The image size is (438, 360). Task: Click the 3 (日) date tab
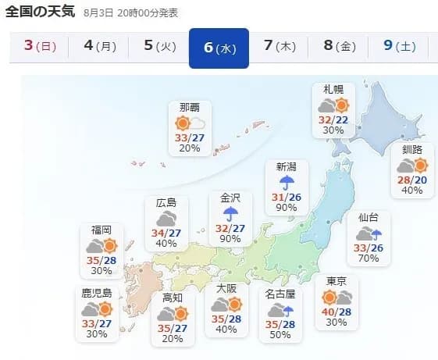(x=40, y=47)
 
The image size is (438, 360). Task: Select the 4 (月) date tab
(x=99, y=47)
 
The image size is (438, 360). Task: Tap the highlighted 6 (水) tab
(x=219, y=48)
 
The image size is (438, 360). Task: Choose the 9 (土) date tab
(x=399, y=47)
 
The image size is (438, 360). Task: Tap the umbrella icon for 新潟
(x=287, y=182)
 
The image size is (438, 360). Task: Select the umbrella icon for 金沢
(x=231, y=214)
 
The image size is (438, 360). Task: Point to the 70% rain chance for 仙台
(x=369, y=258)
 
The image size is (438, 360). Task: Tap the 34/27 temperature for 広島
(x=166, y=232)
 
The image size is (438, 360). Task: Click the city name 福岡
(x=101, y=230)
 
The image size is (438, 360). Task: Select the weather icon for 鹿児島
(x=98, y=309)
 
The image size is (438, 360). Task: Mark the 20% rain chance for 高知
(x=173, y=339)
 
